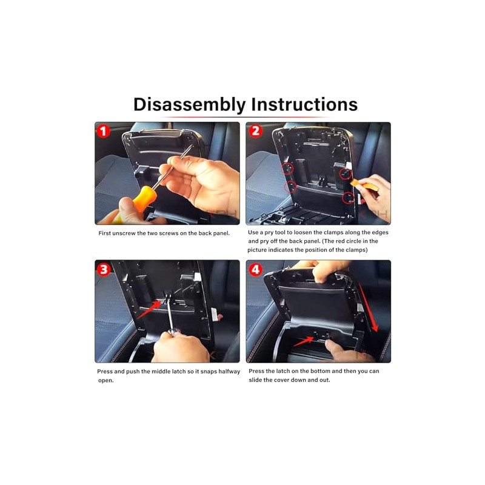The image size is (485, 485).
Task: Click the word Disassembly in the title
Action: (189, 104)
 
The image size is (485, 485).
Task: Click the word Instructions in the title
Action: (304, 104)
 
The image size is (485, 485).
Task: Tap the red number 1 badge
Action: (103, 131)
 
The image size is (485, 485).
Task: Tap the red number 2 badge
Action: (255, 131)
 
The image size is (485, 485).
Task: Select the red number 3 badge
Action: (104, 269)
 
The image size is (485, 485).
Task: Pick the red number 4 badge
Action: (255, 269)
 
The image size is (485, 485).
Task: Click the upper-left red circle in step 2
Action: (287, 169)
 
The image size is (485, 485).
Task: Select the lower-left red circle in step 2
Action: (290, 187)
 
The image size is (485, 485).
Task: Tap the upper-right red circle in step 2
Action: (346, 173)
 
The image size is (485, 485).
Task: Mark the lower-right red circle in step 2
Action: (348, 198)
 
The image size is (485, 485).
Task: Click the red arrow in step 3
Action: (149, 310)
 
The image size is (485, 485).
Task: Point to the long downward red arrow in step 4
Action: (369, 309)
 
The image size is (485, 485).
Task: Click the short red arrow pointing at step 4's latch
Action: (304, 341)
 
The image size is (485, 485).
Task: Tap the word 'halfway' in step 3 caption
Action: (229, 371)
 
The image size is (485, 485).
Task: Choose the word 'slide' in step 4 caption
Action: (255, 380)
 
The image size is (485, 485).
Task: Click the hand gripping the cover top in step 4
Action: (329, 270)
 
